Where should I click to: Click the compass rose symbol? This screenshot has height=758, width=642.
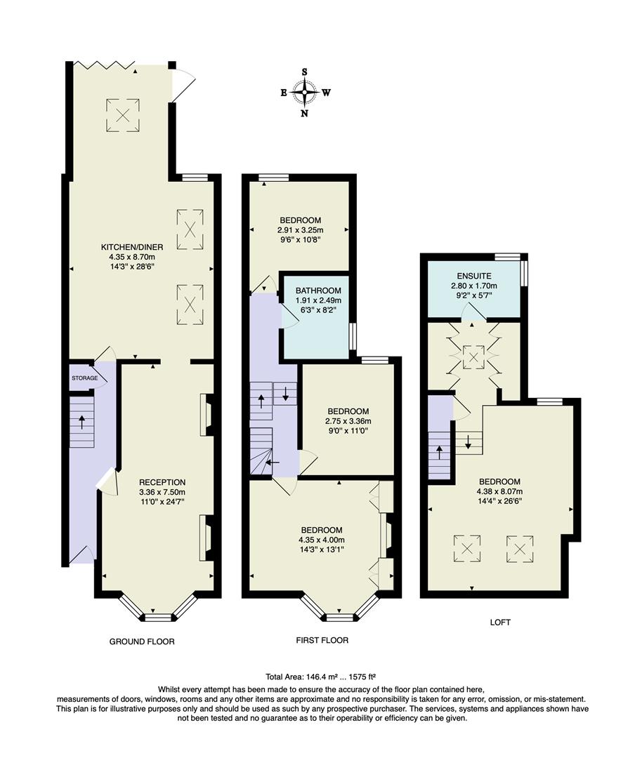click(x=305, y=92)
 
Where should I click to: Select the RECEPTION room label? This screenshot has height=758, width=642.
click(x=162, y=482)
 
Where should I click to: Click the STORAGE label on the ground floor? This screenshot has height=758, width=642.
click(x=84, y=378)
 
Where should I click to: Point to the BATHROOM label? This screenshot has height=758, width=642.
click(x=318, y=291)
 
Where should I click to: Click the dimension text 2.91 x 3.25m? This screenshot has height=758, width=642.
click(x=299, y=230)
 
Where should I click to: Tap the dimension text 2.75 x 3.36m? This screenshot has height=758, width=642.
click(x=348, y=421)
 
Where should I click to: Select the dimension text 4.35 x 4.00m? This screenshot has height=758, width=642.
click(x=321, y=540)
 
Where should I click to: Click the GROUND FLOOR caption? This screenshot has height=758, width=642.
click(x=142, y=641)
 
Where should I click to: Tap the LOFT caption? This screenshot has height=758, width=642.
click(x=501, y=623)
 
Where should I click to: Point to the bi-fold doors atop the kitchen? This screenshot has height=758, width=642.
click(x=105, y=66)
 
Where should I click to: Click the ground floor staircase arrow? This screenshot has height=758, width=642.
click(x=82, y=423)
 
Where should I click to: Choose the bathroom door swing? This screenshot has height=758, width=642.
click(x=290, y=318)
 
